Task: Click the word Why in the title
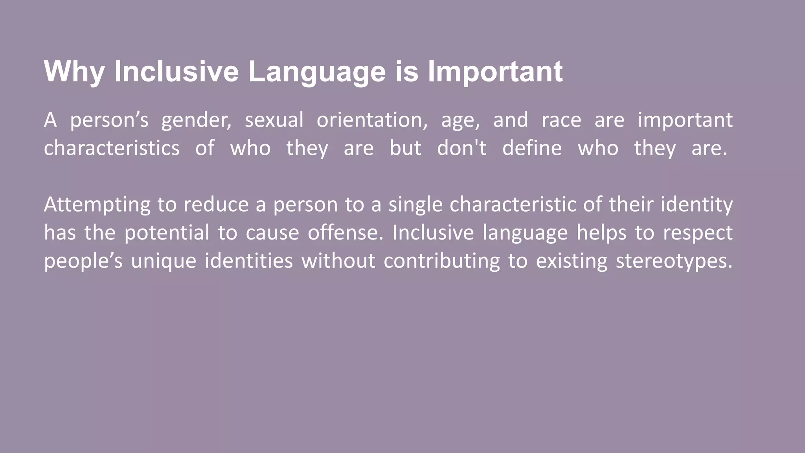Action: point(74,72)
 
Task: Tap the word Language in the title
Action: point(317,72)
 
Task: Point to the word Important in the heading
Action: point(495,72)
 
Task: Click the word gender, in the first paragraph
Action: point(197,120)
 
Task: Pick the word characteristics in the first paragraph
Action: point(112,148)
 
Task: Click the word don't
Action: point(461,148)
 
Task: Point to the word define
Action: point(532,148)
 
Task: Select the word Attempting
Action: point(97,205)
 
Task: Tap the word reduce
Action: point(216,204)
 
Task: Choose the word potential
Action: point(167,233)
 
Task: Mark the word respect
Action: point(697,233)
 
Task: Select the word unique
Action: point(163,261)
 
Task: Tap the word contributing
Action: point(441,261)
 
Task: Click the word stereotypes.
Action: point(674,261)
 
